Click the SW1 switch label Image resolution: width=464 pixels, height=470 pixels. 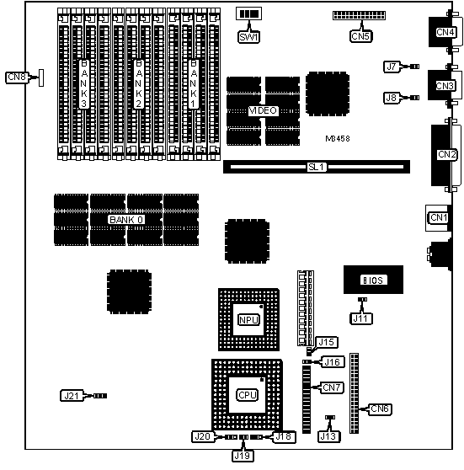tap(248, 37)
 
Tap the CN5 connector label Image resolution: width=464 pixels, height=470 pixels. tap(361, 36)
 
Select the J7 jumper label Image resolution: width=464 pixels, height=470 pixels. tap(392, 67)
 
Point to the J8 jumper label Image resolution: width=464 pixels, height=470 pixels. tap(392, 98)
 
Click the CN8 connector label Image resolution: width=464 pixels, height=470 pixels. tap(17, 77)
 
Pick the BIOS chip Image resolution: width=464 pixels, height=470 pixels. tap(373, 280)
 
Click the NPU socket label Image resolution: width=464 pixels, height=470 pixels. tap(248, 320)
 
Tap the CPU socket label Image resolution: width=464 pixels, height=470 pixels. tap(248, 395)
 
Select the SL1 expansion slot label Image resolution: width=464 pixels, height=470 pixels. tap(317, 167)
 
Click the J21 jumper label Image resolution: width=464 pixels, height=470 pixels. tap(72, 396)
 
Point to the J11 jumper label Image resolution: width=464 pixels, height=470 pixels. tap(361, 318)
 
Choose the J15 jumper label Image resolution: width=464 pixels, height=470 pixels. tap(327, 342)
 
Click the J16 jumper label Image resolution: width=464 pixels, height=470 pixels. tap(333, 362)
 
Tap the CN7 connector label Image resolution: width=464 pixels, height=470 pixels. tap(332, 387)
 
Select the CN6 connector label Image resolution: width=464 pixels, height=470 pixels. tap(380, 409)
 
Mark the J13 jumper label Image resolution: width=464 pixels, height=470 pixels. tap(328, 436)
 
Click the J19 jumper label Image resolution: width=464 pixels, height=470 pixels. tap(243, 456)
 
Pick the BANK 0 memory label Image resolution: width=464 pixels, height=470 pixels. tap(126, 220)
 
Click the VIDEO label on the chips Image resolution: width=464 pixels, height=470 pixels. tap(263, 111)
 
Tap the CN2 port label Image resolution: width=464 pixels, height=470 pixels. tap(446, 154)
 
